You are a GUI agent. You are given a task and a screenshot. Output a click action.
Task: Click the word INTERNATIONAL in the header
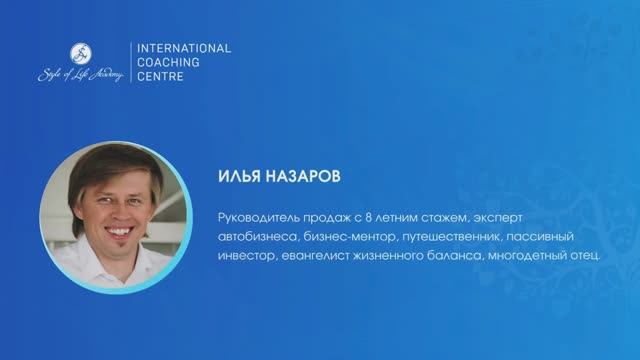pos(182,47)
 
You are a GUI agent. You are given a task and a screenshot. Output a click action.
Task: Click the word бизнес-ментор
pos(345,237)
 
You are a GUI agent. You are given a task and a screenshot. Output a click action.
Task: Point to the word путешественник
pos(452,237)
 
